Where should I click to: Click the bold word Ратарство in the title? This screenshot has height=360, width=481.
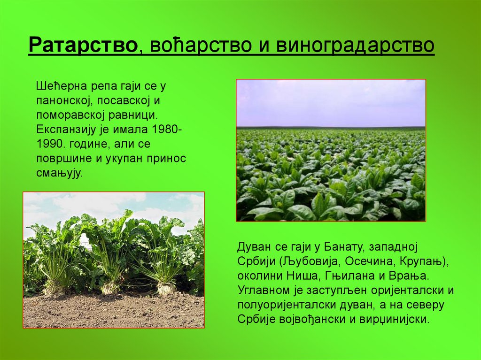tap(83, 46)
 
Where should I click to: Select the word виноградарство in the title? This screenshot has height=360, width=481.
tap(355, 46)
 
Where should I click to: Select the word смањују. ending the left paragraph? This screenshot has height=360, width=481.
tap(59, 173)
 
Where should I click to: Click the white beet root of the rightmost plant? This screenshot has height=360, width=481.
tap(165, 287)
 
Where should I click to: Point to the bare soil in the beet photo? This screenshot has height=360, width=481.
tap(113, 312)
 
